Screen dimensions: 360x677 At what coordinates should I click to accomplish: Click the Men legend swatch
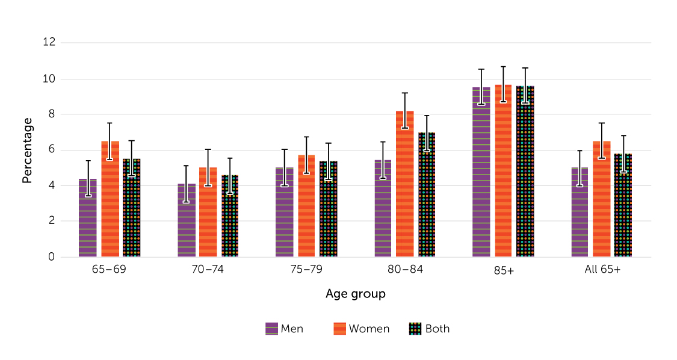click(x=272, y=329)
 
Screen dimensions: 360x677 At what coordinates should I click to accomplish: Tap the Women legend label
click(x=369, y=329)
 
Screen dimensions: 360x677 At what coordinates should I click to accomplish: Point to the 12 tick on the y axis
click(x=49, y=43)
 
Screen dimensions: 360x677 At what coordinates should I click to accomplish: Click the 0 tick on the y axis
click(x=51, y=257)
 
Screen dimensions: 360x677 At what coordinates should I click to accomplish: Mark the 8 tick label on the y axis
click(x=51, y=114)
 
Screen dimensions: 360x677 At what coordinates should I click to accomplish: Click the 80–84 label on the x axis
click(x=405, y=270)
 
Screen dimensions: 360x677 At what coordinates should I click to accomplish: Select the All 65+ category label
click(x=602, y=270)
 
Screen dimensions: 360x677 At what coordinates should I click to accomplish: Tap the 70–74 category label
click(x=208, y=270)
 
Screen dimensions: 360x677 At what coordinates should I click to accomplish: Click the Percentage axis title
click(x=27, y=150)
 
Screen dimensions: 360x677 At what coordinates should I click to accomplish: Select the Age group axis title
click(x=355, y=294)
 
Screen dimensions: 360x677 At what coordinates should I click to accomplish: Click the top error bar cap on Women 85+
click(x=503, y=67)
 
